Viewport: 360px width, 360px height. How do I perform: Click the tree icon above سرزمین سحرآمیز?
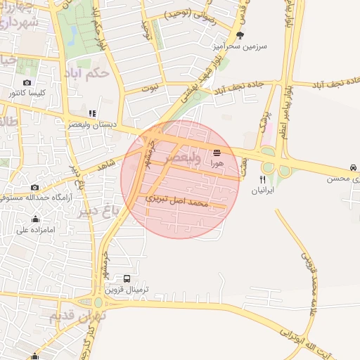(240, 34)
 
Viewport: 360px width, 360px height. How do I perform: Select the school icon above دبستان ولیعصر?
(92, 112)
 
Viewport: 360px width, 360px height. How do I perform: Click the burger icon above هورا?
(217, 153)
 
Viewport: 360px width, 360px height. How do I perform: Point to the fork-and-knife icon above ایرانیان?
(263, 179)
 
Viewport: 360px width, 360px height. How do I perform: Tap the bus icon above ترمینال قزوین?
(127, 279)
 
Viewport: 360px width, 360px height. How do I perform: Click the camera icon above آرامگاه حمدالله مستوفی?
(34, 187)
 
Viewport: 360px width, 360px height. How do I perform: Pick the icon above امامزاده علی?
(35, 219)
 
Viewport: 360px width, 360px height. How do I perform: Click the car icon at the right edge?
(352, 168)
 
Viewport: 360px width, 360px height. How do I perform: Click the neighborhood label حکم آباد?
(86, 72)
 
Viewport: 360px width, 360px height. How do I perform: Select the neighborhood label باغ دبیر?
(78, 210)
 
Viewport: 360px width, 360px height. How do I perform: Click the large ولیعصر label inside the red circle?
(180, 160)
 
